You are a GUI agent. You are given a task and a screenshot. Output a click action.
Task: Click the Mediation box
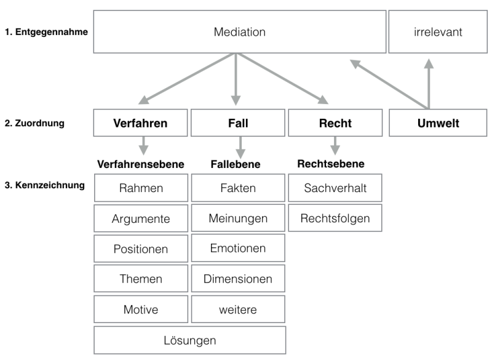pos(239,32)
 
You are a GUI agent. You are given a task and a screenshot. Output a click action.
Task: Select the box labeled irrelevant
pos(438,32)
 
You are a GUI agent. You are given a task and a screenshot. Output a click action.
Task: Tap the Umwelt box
pos(438,122)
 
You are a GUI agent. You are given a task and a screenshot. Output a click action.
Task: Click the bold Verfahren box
pos(140,122)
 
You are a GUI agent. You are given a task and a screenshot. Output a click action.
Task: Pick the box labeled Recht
pos(335,122)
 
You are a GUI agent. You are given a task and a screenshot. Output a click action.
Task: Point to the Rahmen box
pos(141,188)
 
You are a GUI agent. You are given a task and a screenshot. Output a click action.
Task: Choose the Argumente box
pos(141,218)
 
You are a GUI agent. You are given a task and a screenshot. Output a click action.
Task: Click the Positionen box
pos(141,249)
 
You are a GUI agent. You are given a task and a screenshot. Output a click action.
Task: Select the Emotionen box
pos(238,248)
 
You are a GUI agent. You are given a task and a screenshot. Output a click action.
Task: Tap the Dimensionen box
pos(238,278)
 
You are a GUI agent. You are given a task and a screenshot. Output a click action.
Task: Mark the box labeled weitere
pos(238,309)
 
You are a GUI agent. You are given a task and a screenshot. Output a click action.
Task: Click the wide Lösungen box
pos(189,340)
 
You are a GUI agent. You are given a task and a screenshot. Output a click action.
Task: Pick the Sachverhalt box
pos(335,188)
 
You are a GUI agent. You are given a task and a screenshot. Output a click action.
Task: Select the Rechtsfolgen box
pos(335,218)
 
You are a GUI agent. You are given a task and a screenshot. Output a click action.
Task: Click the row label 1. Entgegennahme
pos(47,32)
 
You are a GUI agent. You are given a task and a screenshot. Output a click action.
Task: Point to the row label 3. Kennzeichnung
pos(44,185)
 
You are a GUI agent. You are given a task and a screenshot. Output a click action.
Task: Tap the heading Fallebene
pos(236,164)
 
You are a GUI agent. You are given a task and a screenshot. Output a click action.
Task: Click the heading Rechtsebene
pos(331,164)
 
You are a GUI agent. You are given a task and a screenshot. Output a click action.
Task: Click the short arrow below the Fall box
pos(240,148)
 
